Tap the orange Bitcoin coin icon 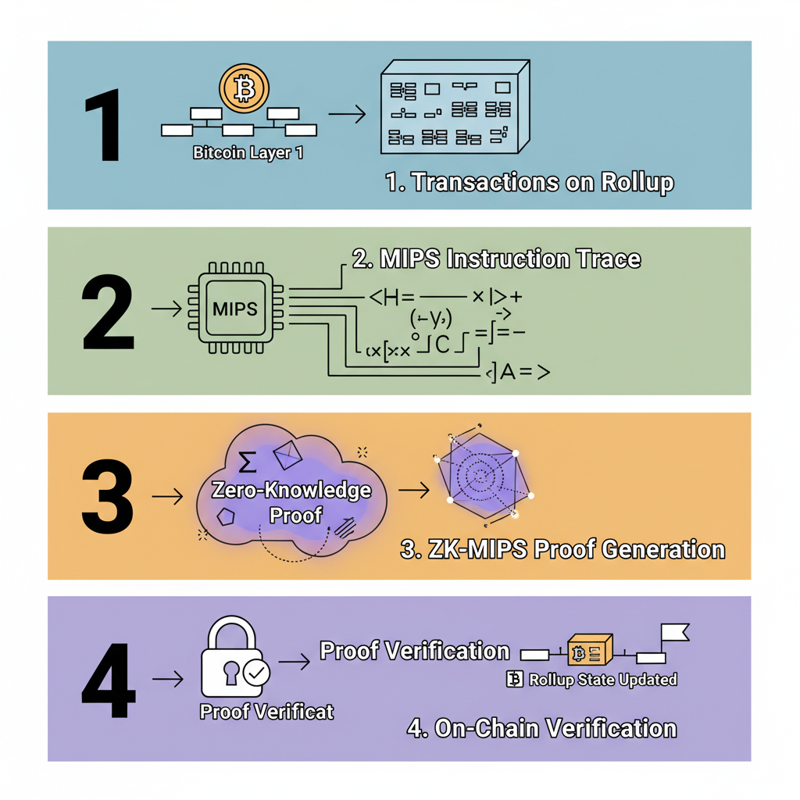tap(244, 89)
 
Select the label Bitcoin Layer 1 tap(248, 153)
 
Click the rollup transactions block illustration tap(453, 110)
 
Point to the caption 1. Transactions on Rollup tap(529, 182)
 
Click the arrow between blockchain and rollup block tap(347, 115)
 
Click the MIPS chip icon tap(234, 309)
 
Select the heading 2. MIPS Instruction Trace tap(496, 259)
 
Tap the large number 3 tap(108, 496)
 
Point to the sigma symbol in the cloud tap(247, 462)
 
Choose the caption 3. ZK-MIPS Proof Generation tap(562, 548)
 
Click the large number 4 tap(109, 680)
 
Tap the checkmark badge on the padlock tap(255, 671)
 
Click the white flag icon tap(673, 633)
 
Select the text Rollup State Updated tap(602, 679)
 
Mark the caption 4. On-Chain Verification tap(541, 728)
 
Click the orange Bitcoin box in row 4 tap(588, 651)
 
